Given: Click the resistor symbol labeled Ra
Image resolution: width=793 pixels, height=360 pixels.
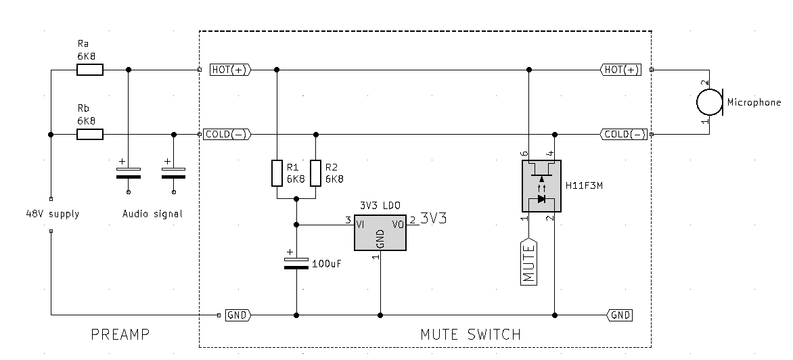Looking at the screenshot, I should coord(90,70).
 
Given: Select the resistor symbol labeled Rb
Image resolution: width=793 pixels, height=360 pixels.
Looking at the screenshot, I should coord(90,135).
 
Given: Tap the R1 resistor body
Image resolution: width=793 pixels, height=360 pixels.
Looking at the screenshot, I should coord(277,173).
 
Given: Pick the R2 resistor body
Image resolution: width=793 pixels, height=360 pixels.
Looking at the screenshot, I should coord(315,173).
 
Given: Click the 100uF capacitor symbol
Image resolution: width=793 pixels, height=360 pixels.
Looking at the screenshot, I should coord(296,263).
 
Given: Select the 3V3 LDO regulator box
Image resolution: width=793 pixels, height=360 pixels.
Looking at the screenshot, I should coord(380,233).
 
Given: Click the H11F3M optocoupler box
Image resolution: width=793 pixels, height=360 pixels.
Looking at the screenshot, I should coord(540,185).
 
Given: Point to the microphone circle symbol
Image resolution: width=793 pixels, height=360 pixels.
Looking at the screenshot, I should coord(709,102).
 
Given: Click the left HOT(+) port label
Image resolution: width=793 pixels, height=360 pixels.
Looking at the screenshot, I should coord(230,70).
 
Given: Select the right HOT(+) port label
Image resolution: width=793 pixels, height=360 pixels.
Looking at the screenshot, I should coord(620,70).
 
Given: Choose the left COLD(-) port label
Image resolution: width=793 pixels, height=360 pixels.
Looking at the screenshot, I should coord(227,135).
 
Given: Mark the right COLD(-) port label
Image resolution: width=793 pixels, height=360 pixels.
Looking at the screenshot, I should coord(623,135).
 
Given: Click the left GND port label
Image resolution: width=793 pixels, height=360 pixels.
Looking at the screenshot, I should coord(237,315).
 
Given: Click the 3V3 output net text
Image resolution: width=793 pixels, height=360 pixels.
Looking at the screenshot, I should coord(434,218).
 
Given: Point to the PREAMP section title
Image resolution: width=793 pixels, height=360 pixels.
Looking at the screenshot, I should coord(120,334).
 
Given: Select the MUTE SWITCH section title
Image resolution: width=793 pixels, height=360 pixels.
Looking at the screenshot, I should coord(471,334).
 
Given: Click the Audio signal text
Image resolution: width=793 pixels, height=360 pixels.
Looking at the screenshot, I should coord(152,214).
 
